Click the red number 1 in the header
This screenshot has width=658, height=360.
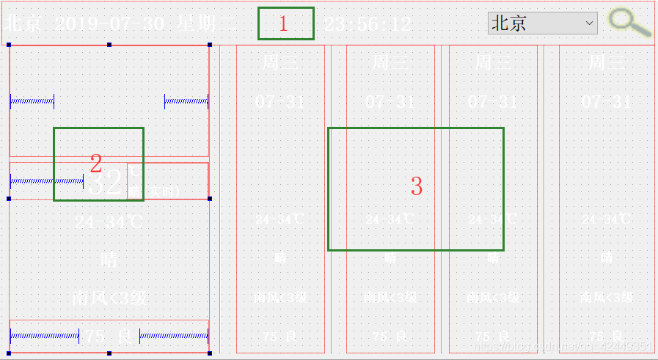[x=284, y=24]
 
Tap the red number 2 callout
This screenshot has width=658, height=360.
[x=95, y=163]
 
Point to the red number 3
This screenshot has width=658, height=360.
[x=416, y=186]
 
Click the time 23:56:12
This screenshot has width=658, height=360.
[x=368, y=24]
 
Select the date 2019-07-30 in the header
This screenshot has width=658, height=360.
[x=109, y=23]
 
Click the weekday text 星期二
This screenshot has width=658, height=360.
[x=207, y=23]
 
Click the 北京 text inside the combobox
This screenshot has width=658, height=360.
[x=509, y=23]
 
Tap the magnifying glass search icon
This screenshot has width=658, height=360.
[x=629, y=23]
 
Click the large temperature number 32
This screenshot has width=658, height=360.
[x=106, y=183]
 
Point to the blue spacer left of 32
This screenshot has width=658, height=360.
[x=46, y=180]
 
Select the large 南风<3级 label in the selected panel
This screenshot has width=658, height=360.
[x=109, y=298]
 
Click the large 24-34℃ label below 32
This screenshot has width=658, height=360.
[x=109, y=221]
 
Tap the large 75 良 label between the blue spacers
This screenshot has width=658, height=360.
[x=109, y=337]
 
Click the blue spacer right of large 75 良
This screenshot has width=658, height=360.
[x=174, y=337]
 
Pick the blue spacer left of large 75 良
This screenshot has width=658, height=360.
[x=44, y=337]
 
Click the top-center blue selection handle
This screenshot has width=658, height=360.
[x=109, y=45]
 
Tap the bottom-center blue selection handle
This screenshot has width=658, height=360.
[x=109, y=353]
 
